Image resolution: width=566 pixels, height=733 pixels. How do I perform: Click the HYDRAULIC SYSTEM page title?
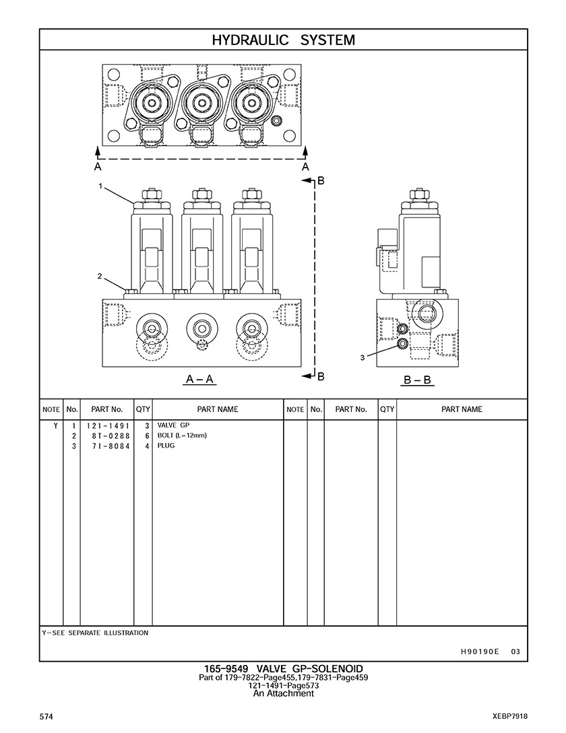point(283,40)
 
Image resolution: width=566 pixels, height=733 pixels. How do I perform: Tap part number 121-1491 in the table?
point(107,426)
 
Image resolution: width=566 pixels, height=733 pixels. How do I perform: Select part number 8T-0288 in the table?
point(107,435)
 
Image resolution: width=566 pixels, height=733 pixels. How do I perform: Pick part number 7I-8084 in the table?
point(107,446)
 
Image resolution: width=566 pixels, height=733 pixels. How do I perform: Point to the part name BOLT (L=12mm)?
point(182,435)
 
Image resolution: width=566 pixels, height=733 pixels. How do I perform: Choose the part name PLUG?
point(166,446)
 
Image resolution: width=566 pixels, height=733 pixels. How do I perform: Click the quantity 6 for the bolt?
point(146,435)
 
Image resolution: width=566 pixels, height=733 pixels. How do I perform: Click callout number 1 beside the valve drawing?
point(100,186)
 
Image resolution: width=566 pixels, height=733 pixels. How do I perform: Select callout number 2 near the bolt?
point(99,276)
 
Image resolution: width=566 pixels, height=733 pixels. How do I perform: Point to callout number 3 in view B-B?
point(363,357)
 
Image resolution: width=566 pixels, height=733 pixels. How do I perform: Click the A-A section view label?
point(199,380)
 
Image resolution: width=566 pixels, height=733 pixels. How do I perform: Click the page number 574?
point(46,716)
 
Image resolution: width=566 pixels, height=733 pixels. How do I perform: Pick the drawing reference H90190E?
point(480,652)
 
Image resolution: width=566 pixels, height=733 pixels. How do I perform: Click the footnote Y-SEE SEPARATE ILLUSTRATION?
point(95,633)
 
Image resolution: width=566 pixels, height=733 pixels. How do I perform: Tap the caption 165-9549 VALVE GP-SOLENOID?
point(283,668)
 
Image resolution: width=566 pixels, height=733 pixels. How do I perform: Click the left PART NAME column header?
point(217,409)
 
